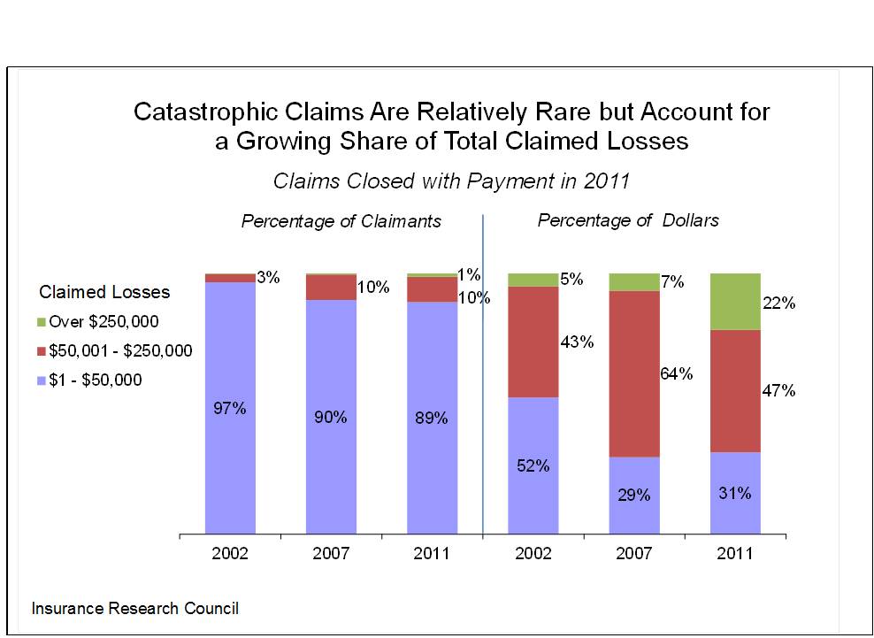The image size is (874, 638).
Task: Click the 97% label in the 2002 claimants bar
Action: (x=230, y=409)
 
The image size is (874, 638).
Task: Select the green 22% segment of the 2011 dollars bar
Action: (x=735, y=301)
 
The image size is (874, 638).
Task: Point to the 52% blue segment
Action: (x=533, y=465)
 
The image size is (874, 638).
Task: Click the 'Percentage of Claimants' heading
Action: (x=341, y=221)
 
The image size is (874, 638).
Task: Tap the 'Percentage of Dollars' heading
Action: (x=628, y=220)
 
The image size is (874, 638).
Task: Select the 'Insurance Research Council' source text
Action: (x=134, y=609)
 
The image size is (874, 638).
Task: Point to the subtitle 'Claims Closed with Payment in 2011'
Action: (x=451, y=181)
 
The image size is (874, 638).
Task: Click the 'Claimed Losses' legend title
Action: (x=104, y=292)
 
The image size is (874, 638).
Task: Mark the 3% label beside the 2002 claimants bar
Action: (x=268, y=278)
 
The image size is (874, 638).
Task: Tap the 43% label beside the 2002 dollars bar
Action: (x=577, y=342)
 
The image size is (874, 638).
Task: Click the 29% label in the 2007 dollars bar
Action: (x=633, y=496)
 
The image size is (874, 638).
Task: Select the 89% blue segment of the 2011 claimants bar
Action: (x=432, y=418)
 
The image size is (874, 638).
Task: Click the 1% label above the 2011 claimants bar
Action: (x=469, y=274)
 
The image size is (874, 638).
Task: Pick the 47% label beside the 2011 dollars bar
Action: (x=778, y=390)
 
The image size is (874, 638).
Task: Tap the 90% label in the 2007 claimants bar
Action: (x=331, y=418)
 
